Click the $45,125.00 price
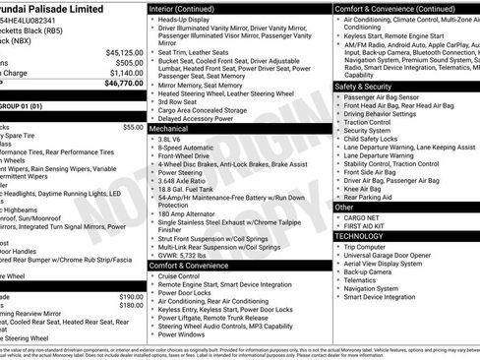pyautogui.click(x=121, y=52)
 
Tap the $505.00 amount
pyautogui.click(x=125, y=62)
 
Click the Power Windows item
pyautogui.click(x=185, y=334)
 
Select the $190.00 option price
pyautogui.click(x=132, y=296)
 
